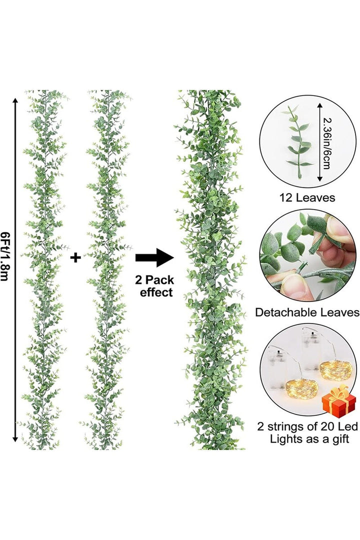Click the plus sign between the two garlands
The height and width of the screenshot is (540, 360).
75,257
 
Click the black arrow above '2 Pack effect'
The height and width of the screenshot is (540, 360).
154,257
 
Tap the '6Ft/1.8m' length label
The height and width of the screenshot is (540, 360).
5,256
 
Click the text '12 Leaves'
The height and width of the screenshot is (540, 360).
307,197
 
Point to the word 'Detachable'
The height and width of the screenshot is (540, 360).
286,312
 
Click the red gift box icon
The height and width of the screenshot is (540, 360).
338,401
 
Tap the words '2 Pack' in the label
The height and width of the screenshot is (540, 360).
154,279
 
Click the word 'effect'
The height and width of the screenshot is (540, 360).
156,292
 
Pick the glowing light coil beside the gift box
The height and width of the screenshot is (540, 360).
335,370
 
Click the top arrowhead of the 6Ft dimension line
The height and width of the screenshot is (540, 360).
15,100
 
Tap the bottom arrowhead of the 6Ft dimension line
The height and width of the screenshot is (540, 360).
15,438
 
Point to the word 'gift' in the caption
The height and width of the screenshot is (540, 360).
340,439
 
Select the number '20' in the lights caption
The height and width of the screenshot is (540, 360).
327,426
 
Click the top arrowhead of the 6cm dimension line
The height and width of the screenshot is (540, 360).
320,105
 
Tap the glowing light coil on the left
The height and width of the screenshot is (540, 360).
301,389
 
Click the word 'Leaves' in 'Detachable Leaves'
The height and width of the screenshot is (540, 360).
340,312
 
